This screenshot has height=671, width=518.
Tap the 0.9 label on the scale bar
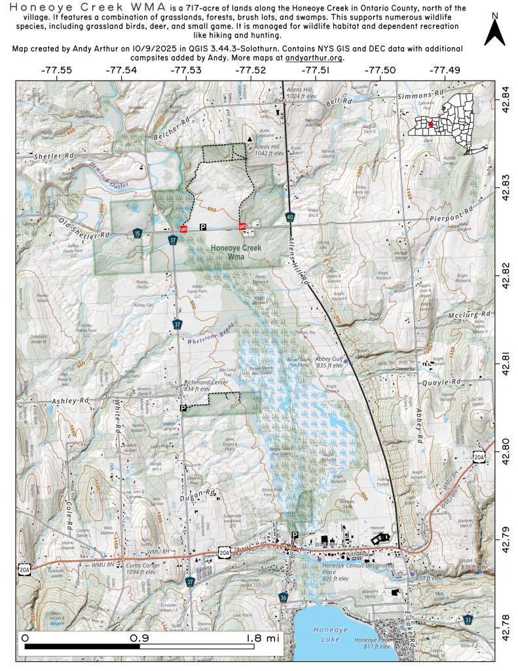pyautogui.click(x=138, y=638)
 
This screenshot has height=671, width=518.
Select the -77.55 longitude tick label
pyautogui.click(x=58, y=69)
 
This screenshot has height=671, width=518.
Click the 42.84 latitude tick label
pyautogui.click(x=505, y=92)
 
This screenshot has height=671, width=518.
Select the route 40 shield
pyautogui.click(x=290, y=216)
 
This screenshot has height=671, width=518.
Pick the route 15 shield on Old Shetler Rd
pyautogui.click(x=137, y=233)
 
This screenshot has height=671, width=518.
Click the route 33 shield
pyautogui.click(x=468, y=619)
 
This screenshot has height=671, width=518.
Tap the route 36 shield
pyautogui.click(x=283, y=598)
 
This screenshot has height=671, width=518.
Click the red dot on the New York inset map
pyautogui.click(x=430, y=123)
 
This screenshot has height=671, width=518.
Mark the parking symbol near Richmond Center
pyautogui.click(x=183, y=408)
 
